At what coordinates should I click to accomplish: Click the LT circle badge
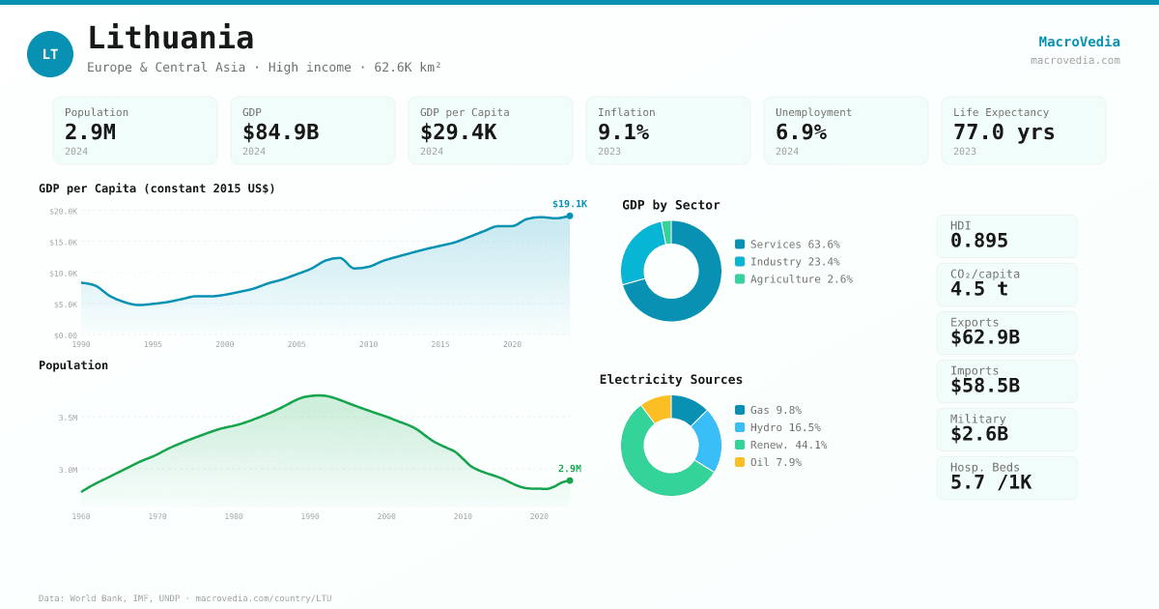click(50, 54)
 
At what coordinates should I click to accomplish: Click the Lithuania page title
click(170, 39)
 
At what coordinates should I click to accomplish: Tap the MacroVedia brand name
click(1079, 42)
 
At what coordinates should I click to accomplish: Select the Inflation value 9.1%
click(623, 131)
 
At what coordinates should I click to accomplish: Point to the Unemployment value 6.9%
click(801, 131)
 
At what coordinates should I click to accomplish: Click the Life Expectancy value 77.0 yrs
click(1004, 131)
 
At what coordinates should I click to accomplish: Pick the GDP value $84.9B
click(280, 131)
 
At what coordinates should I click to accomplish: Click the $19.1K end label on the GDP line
click(569, 204)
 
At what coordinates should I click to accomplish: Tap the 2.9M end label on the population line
click(569, 469)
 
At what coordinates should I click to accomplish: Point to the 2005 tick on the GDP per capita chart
click(297, 344)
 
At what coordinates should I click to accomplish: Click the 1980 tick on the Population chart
click(234, 516)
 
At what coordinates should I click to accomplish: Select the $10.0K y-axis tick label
click(64, 274)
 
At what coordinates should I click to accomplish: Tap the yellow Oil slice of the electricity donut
click(657, 408)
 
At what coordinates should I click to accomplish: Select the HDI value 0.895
click(978, 241)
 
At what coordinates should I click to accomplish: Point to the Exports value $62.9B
click(984, 337)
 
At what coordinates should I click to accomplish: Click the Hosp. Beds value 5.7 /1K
click(990, 482)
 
